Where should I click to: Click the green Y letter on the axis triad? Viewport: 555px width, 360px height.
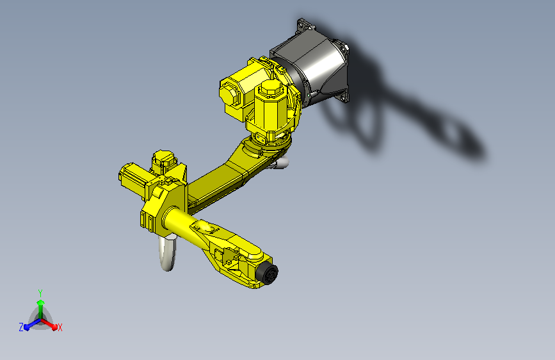[40, 292]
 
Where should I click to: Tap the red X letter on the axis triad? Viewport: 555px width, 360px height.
[60, 327]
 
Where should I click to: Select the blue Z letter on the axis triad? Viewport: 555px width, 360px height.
[21, 327]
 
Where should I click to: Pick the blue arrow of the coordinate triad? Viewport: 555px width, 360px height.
[29, 324]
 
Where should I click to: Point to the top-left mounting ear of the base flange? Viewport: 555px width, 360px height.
[302, 26]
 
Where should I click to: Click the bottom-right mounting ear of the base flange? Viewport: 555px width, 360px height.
[346, 95]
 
